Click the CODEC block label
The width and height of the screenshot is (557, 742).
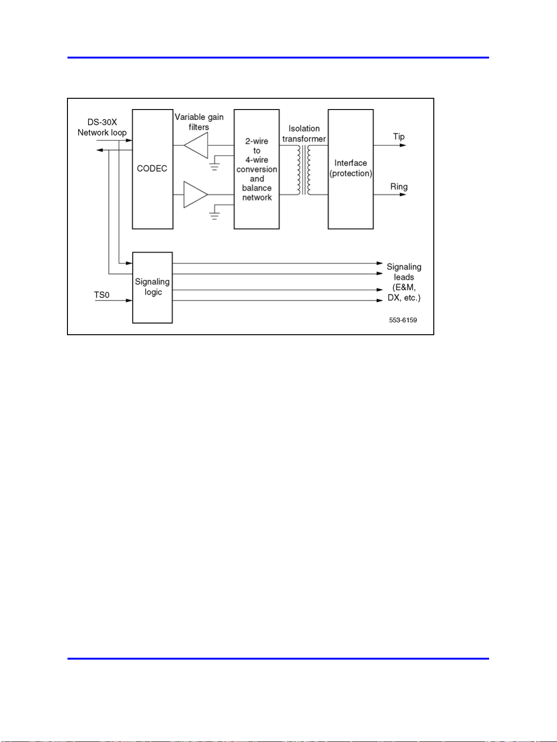pos(152,169)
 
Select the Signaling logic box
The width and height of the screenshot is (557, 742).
pos(152,287)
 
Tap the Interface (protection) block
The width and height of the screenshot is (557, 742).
pos(350,169)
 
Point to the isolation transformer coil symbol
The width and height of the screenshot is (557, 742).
pos(304,169)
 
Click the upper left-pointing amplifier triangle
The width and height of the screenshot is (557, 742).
pos(197,145)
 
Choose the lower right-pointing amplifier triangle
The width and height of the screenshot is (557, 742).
pos(195,194)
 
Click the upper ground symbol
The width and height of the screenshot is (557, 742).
pos(215,166)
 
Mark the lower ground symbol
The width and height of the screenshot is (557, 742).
pos(215,215)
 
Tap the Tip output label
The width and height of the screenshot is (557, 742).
pos(399,137)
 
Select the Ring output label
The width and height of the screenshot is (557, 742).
pos(399,187)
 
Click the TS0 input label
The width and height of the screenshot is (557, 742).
pos(102,295)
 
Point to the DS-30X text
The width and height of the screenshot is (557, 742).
pos(102,122)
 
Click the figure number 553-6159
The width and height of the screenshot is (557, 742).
pos(403,320)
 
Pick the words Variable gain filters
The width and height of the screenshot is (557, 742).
pos(199,122)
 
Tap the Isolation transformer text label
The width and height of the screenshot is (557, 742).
pos(304,133)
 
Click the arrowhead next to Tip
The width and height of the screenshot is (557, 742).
pos(403,146)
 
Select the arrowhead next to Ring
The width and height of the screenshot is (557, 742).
pos(403,194)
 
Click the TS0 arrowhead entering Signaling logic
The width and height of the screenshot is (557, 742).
pos(129,301)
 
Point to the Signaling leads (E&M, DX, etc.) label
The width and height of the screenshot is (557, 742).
pos(404,282)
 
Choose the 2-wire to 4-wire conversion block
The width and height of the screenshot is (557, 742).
pos(257,169)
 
